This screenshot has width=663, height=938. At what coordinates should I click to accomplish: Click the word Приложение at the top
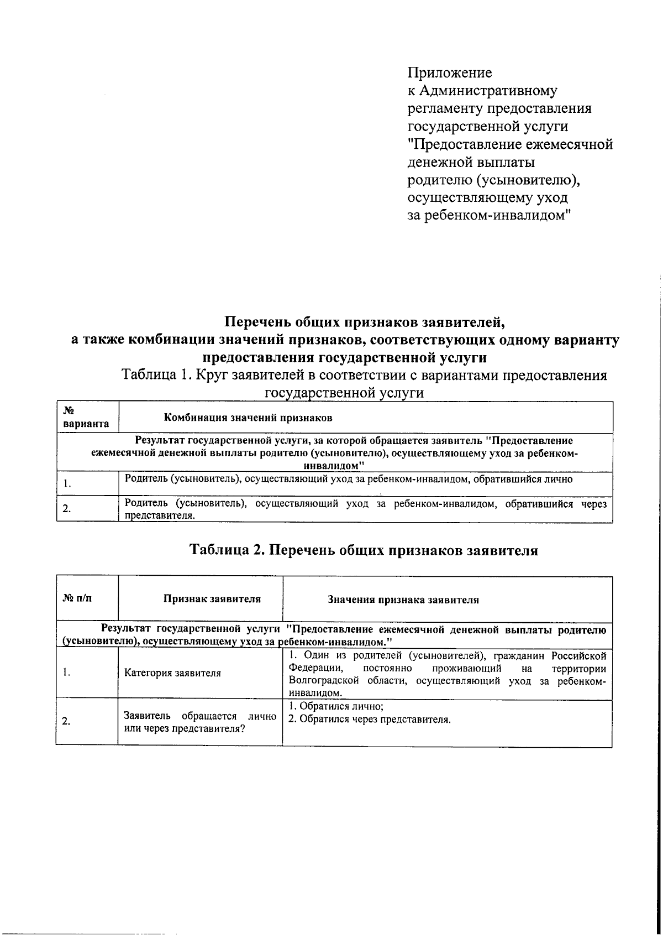click(x=449, y=73)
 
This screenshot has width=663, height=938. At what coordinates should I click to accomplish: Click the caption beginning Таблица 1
click(x=364, y=376)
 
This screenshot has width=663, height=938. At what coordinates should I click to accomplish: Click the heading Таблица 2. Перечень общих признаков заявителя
click(x=364, y=551)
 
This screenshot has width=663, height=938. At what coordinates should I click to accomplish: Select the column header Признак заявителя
click(x=212, y=599)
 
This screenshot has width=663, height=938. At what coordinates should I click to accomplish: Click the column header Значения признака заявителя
click(x=403, y=600)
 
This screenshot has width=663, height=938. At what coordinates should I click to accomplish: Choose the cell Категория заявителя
click(x=172, y=673)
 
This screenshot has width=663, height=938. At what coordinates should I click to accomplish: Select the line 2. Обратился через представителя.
click(x=370, y=720)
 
